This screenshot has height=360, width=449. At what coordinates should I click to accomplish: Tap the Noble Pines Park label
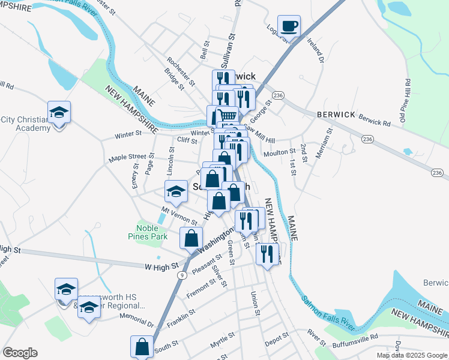(x=148, y=232)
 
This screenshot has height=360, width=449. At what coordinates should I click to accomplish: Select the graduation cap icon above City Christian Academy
(x=59, y=112)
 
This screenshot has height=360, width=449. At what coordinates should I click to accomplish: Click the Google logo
(x=20, y=353)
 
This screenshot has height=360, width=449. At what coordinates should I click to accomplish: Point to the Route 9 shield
(x=181, y=275)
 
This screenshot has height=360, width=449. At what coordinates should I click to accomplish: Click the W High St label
(x=161, y=265)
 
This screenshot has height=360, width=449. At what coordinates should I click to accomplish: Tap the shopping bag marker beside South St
(x=142, y=346)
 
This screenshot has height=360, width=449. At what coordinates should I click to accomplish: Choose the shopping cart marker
(x=226, y=115)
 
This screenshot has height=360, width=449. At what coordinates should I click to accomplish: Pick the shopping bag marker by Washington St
(x=191, y=238)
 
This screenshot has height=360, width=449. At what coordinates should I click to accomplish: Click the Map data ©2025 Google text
(x=411, y=355)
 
